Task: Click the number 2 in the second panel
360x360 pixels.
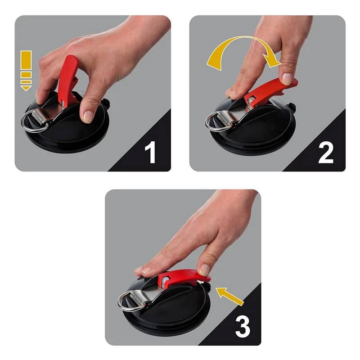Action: click(325, 153)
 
